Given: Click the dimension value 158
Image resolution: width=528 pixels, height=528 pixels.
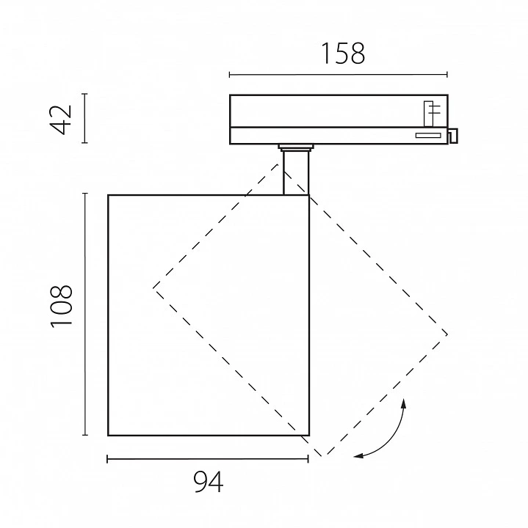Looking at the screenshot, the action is pyautogui.click(x=343, y=54).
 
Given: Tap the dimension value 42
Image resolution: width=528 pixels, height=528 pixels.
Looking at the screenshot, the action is pyautogui.click(x=61, y=120).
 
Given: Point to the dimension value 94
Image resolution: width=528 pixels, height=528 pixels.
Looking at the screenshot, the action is pyautogui.click(x=209, y=482).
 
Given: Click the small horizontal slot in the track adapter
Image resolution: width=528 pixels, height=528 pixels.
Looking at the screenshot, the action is pyautogui.click(x=428, y=136).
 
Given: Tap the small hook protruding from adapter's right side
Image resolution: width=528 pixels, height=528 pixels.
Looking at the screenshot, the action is pyautogui.click(x=453, y=136).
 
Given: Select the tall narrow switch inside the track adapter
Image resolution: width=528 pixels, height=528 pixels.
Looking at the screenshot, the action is pyautogui.click(x=429, y=114).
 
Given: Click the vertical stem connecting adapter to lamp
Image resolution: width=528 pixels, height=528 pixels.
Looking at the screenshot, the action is pyautogui.click(x=296, y=173).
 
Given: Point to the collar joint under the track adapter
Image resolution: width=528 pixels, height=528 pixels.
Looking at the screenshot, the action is pyautogui.click(x=296, y=147).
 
